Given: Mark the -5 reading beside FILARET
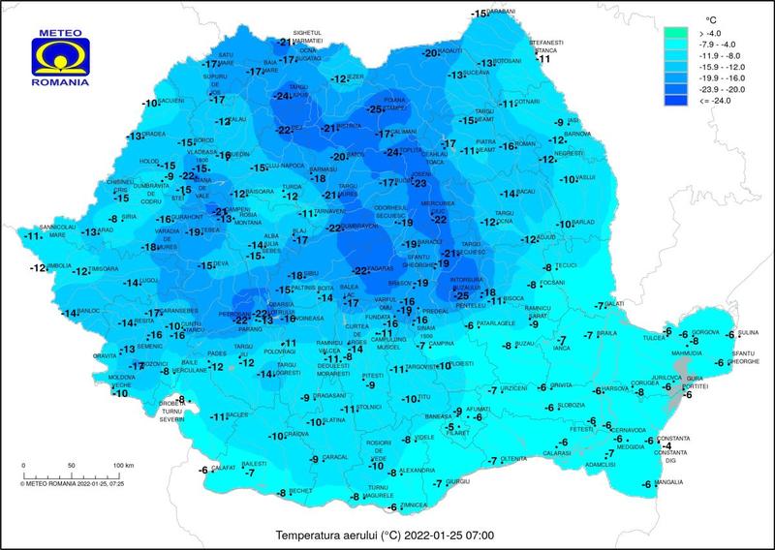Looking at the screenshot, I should tap(450, 427).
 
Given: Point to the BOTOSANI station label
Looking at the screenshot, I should tap(509, 61).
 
